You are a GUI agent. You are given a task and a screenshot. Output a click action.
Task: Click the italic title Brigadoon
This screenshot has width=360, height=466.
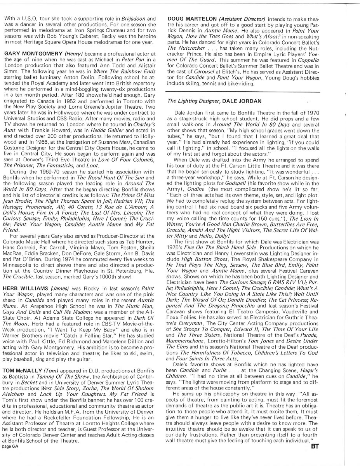[x=134, y=19]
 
